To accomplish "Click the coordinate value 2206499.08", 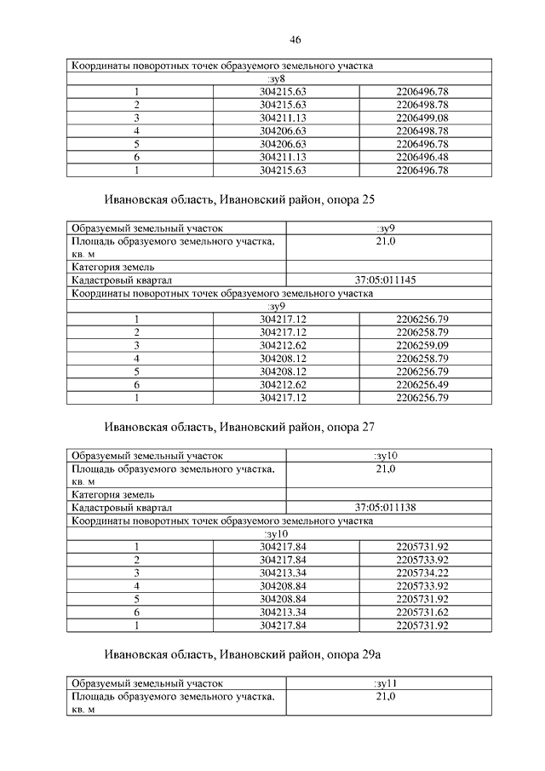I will (422, 118).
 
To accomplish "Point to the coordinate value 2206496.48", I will (422, 158).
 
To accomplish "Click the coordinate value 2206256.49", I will (422, 384).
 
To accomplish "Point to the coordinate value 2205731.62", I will (422, 612).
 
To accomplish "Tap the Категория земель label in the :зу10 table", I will (112, 494).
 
